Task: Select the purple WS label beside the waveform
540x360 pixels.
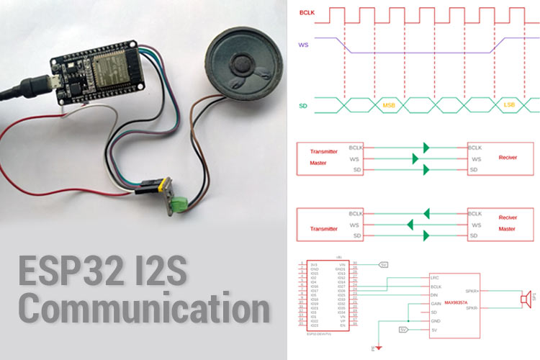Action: pos(304,45)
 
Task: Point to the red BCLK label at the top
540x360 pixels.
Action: pos(308,12)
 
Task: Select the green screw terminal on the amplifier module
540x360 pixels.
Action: pos(178,203)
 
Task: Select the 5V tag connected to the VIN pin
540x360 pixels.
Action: pos(384,264)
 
